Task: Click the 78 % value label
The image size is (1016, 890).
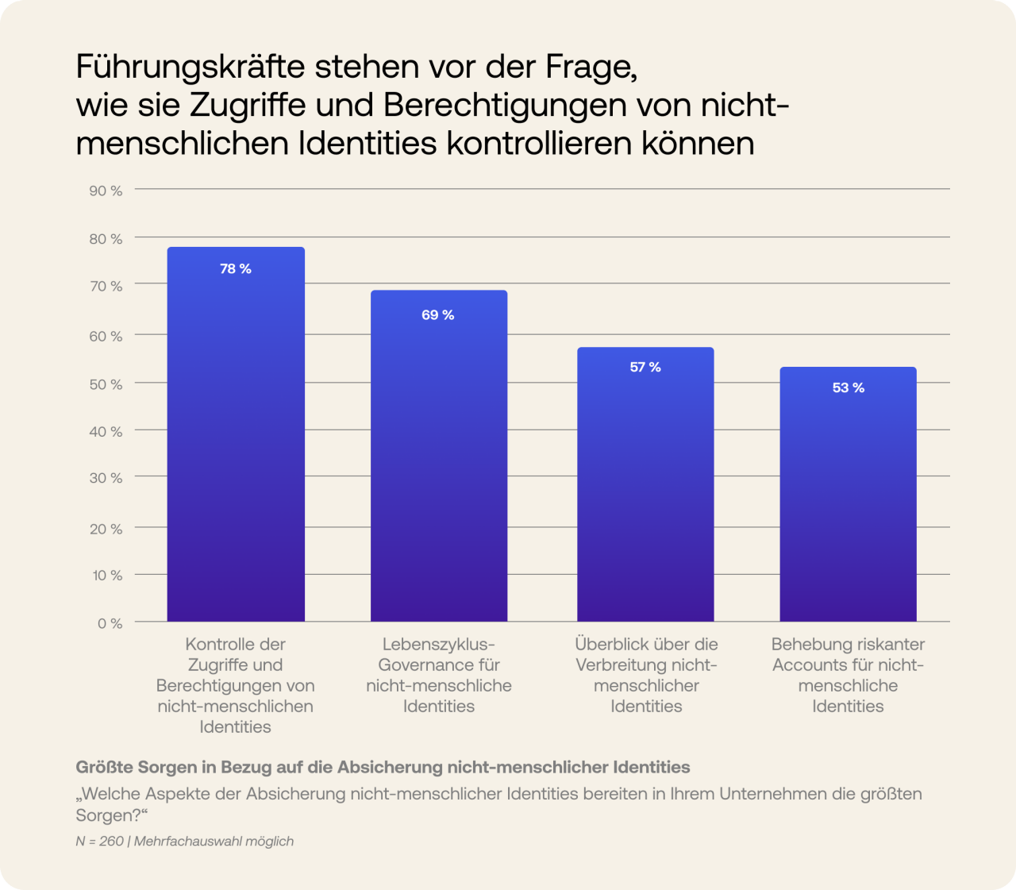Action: [236, 269]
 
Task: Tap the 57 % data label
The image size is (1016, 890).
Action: [645, 367]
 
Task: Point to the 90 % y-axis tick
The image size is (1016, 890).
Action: [106, 191]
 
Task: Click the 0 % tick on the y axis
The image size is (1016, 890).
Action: [110, 623]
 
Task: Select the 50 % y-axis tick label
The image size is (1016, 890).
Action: [106, 384]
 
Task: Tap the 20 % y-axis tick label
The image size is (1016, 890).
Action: [106, 529]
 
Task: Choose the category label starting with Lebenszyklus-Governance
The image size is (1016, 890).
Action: [439, 675]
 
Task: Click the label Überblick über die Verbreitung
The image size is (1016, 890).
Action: [646, 675]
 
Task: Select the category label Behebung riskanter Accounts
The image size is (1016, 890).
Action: [848, 675]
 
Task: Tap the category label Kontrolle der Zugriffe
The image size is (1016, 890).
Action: [236, 685]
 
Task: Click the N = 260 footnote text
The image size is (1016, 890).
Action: [100, 841]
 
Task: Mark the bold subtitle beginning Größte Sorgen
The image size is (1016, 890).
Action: [383, 767]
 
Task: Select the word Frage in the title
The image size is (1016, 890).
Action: [591, 67]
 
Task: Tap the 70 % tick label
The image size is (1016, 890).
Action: [106, 286]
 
